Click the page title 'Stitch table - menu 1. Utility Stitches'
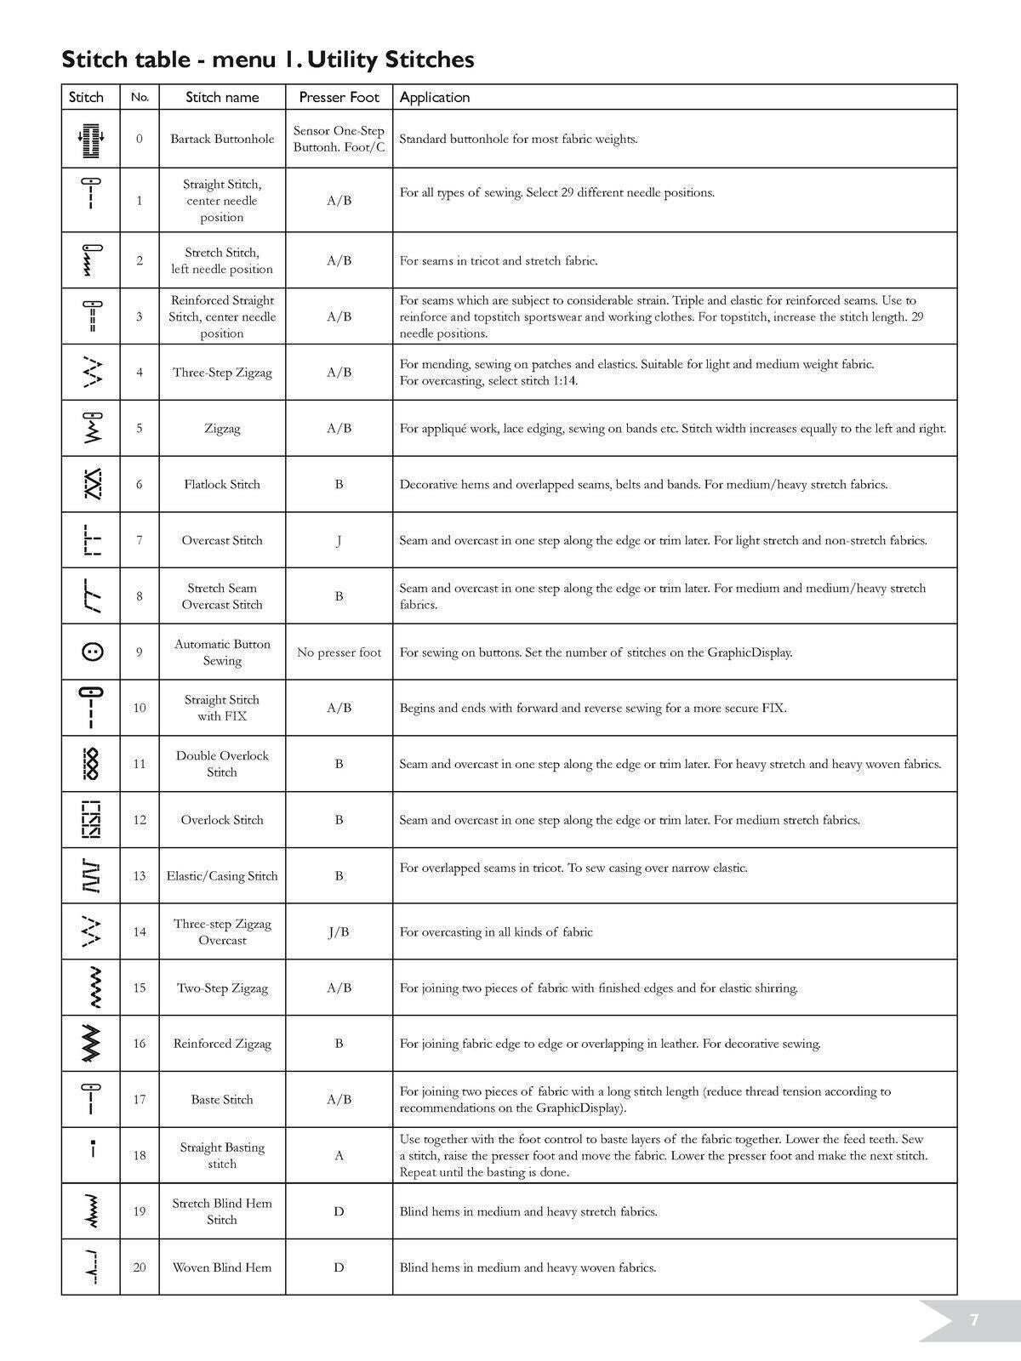coord(268,60)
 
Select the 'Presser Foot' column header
coord(339,97)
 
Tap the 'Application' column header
coord(435,97)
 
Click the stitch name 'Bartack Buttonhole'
coord(222,139)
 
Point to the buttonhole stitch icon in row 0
coord(91,139)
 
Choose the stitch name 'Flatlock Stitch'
coord(222,484)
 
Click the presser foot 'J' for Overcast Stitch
coord(339,540)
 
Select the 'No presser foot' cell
coord(339,652)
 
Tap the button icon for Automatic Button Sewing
coord(91,652)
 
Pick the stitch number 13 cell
coord(140,875)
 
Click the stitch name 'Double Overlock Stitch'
coord(222,764)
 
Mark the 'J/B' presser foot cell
coord(339,931)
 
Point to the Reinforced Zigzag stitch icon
coord(91,1043)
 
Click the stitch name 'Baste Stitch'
coord(222,1099)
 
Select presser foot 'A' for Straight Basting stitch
coord(339,1155)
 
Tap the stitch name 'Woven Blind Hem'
coord(222,1267)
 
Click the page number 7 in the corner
coord(974,1320)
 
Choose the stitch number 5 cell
coord(140,428)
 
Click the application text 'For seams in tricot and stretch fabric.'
coord(499,260)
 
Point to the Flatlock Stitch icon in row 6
coord(91,484)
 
